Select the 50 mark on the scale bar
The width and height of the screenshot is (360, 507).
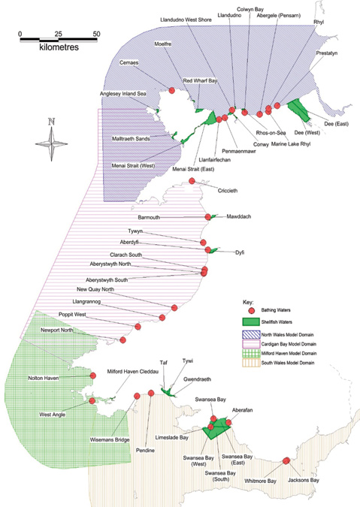click(x=96, y=34)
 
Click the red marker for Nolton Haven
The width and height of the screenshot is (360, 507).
click(x=93, y=376)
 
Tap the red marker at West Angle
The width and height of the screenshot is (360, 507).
click(x=92, y=401)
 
